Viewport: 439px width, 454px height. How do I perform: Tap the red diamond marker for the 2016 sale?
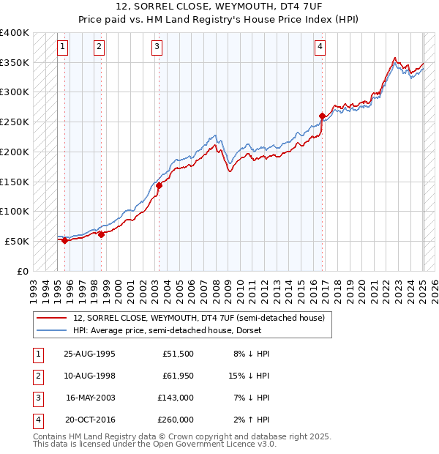pos(322,116)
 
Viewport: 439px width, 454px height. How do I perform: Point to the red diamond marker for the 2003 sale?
pos(159,185)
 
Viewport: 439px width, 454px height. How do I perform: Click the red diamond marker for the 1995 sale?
pos(64,240)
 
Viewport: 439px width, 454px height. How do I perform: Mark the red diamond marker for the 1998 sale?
pos(101,234)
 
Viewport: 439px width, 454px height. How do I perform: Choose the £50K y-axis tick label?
pos(18,241)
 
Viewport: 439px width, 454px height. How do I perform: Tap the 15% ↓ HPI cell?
pos(249,376)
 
